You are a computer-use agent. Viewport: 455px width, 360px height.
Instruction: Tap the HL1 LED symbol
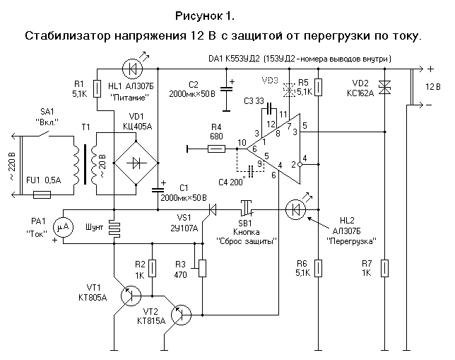pos(131,69)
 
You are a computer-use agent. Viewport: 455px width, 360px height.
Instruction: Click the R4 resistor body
pos(217,149)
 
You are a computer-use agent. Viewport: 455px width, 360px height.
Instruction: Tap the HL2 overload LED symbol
pos(297,209)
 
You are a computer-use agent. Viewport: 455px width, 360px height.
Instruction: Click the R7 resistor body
pos(384,268)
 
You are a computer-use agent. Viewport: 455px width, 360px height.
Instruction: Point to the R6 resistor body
pos(319,268)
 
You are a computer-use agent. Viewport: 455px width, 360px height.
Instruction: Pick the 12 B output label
pos(434,87)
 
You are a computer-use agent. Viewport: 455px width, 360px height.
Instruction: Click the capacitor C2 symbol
pos(227,88)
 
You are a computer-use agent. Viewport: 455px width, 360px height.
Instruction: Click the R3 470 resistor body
pos(203,268)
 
